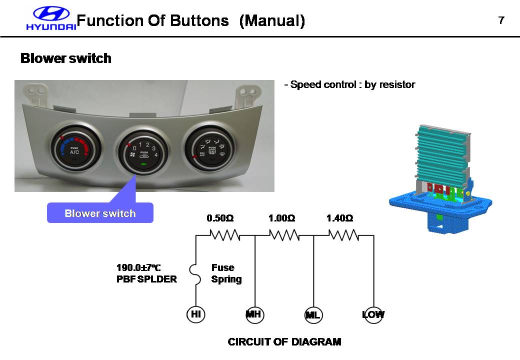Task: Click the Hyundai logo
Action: pos(51,19)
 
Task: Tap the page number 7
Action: pos(501,20)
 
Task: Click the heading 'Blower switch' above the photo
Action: pos(65,58)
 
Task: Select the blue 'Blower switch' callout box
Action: pos(100,213)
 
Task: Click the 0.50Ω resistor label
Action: pos(220,218)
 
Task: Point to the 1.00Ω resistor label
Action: pos(281,218)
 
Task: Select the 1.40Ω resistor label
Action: pos(339,218)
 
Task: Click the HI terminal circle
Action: pos(196,314)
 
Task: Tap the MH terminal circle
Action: pos(255,314)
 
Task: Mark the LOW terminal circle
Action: pos(373,314)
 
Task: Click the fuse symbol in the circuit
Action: pos(194,275)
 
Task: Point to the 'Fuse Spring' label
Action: pos(226,273)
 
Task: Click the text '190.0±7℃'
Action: pos(138,268)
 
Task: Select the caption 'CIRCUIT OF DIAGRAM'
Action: pos(284,342)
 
